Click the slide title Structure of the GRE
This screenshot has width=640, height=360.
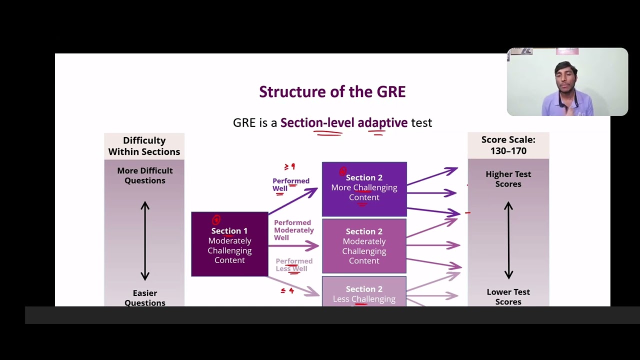[332, 92]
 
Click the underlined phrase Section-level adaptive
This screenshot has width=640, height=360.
[343, 123]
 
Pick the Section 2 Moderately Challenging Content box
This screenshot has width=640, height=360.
[364, 246]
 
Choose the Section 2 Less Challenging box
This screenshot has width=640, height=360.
[364, 293]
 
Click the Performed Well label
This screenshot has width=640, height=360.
[290, 184]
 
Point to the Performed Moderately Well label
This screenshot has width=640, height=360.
[293, 230]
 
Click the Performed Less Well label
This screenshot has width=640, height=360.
[293, 265]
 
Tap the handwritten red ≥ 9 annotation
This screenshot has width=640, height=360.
[289, 167]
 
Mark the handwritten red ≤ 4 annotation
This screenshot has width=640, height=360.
[287, 290]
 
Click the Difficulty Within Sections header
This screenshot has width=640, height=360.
[144, 146]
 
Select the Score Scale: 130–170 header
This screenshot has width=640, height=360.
[508, 145]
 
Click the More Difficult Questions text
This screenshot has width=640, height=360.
[144, 175]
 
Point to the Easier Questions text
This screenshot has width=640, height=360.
[144, 297]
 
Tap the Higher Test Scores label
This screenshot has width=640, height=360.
[508, 179]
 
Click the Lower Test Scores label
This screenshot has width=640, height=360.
[508, 296]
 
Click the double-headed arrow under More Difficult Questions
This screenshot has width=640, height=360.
[145, 240]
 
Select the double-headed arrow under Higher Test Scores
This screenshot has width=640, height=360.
[508, 240]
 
